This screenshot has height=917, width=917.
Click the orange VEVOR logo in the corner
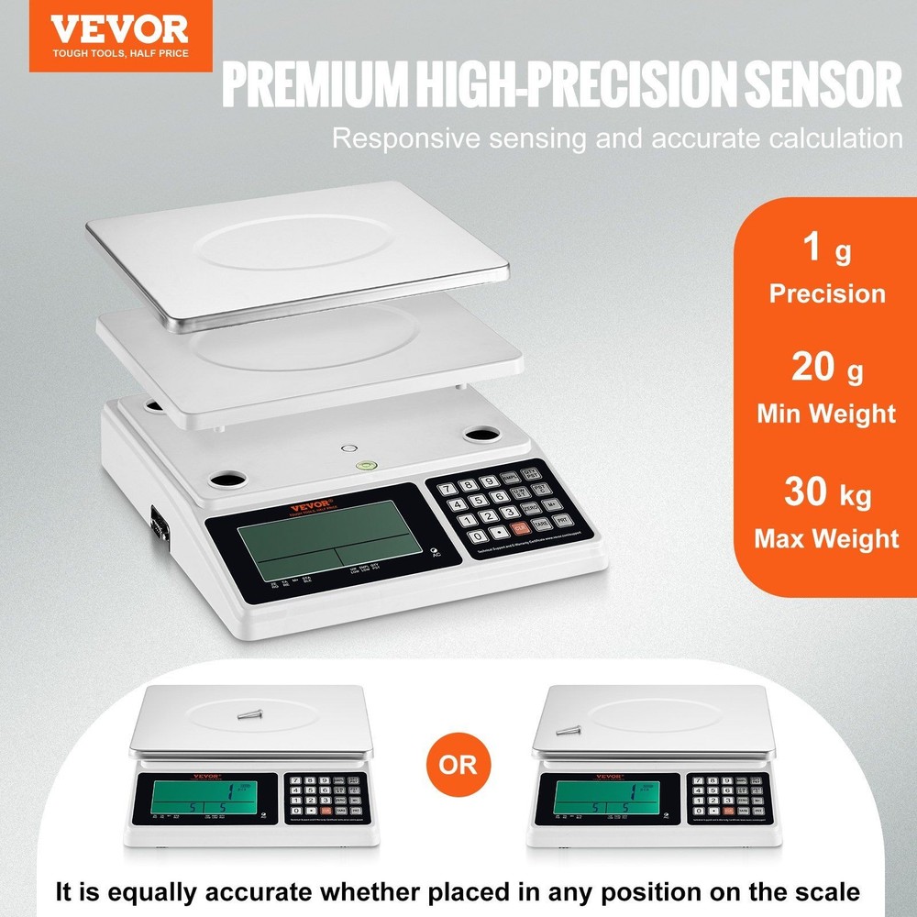(120, 36)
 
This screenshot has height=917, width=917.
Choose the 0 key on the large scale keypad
(477, 535)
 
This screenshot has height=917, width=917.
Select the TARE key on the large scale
(541, 523)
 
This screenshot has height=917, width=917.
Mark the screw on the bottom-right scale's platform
(569, 730)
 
